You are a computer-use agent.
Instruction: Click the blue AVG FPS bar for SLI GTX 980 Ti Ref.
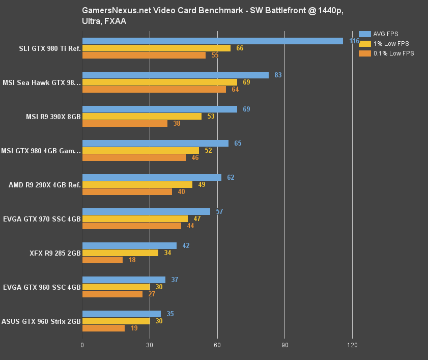(212, 41)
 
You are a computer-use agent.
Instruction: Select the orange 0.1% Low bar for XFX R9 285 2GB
(102, 260)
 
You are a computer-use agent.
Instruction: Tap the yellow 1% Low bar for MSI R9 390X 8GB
(141, 116)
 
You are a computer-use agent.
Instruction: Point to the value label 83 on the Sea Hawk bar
(278, 75)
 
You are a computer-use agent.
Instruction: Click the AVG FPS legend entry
(385, 34)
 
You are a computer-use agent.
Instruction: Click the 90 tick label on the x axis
(284, 345)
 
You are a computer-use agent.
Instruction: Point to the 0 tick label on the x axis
(82, 345)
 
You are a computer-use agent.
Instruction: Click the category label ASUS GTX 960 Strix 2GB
(41, 321)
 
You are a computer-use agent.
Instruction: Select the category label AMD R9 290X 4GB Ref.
(45, 185)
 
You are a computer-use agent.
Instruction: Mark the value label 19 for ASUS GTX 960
(134, 328)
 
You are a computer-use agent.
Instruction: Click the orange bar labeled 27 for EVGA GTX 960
(112, 294)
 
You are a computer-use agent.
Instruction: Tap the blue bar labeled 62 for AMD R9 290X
(152, 177)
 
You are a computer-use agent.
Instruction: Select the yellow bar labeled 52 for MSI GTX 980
(140, 150)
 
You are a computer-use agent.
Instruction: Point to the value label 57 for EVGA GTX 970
(219, 211)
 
